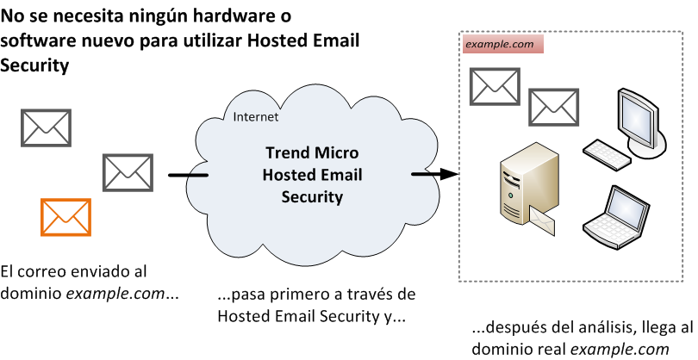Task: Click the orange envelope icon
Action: point(65,216)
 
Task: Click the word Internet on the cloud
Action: point(256,117)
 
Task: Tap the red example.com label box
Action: point(503,43)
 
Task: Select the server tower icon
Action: point(523,188)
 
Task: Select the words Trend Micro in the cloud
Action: point(312,154)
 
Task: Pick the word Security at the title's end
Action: point(34,65)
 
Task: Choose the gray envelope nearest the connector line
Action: point(128,171)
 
